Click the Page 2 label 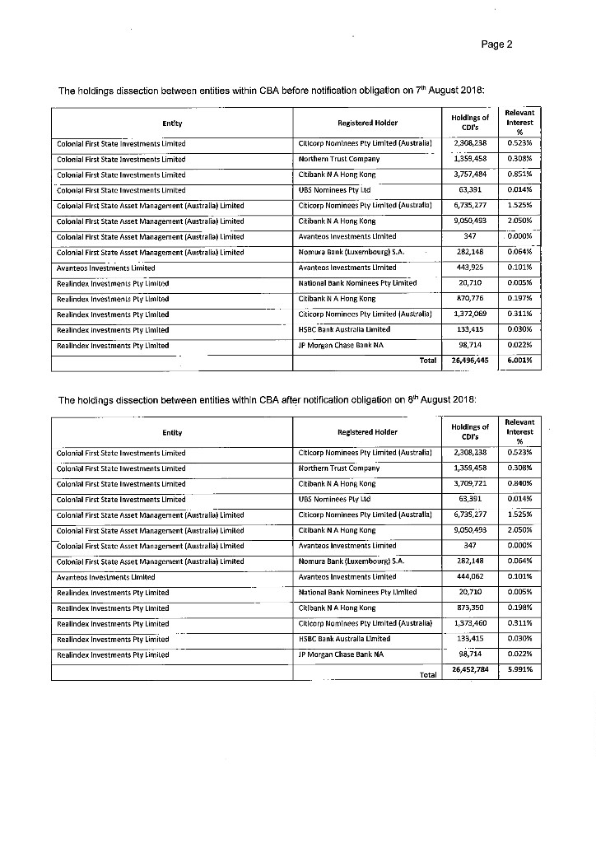[x=497, y=44]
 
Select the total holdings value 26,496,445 [x=471, y=360]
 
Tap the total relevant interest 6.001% [x=520, y=360]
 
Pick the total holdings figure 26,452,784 [x=471, y=670]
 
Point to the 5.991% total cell [x=520, y=669]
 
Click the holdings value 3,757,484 [x=471, y=175]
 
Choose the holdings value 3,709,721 [x=471, y=484]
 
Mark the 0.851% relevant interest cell [x=520, y=175]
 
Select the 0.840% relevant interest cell [x=520, y=484]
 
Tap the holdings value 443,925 [x=471, y=268]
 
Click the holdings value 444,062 [x=471, y=577]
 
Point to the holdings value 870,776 [x=471, y=298]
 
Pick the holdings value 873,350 [x=471, y=608]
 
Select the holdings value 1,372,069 [x=471, y=314]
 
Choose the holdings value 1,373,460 [x=471, y=624]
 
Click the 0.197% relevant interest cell [x=520, y=298]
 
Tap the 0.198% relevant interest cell [x=520, y=608]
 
